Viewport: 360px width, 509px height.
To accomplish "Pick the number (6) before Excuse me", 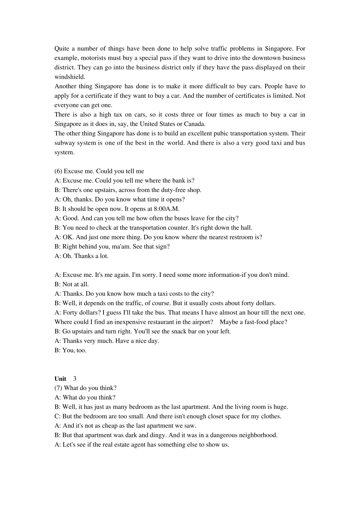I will coord(58,171).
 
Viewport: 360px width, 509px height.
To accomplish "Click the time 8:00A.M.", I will coord(167,209).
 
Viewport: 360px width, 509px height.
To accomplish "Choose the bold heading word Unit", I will coord(60,379).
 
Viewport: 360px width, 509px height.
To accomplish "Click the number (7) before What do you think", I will coord(58,388).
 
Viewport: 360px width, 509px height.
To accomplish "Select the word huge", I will coord(280,407).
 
